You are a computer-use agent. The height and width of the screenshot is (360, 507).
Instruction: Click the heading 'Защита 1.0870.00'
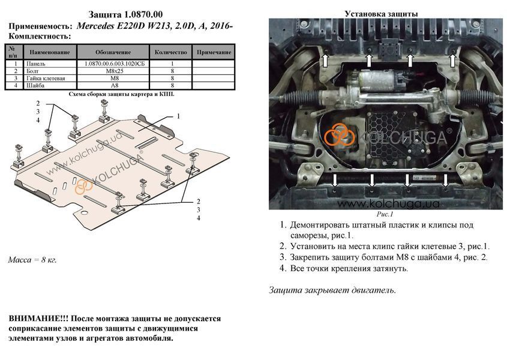(x=125, y=14)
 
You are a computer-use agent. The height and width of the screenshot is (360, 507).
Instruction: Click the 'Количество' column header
(x=171, y=52)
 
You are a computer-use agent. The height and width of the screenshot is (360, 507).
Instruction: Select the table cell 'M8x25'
(x=113, y=71)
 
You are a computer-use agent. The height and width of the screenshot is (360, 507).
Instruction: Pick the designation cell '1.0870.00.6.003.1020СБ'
(x=115, y=64)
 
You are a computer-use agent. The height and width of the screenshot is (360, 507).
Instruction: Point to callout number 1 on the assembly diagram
(x=178, y=116)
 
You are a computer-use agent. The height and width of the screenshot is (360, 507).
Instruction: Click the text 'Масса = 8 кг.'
(x=32, y=260)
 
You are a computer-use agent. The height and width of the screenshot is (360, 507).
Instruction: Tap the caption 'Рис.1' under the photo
(x=385, y=214)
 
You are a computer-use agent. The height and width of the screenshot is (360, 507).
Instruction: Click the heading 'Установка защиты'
(x=381, y=14)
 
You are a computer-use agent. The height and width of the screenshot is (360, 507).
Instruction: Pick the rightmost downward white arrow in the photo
(x=446, y=180)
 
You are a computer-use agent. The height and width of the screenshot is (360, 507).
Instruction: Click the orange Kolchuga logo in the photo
(x=340, y=135)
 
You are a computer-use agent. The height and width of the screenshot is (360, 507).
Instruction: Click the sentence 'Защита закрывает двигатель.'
(x=332, y=290)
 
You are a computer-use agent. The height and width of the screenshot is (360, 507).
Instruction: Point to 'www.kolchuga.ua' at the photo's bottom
(x=388, y=203)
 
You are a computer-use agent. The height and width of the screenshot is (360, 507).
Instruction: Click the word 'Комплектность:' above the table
(x=40, y=36)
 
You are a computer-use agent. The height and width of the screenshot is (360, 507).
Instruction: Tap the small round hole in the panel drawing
(x=84, y=212)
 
